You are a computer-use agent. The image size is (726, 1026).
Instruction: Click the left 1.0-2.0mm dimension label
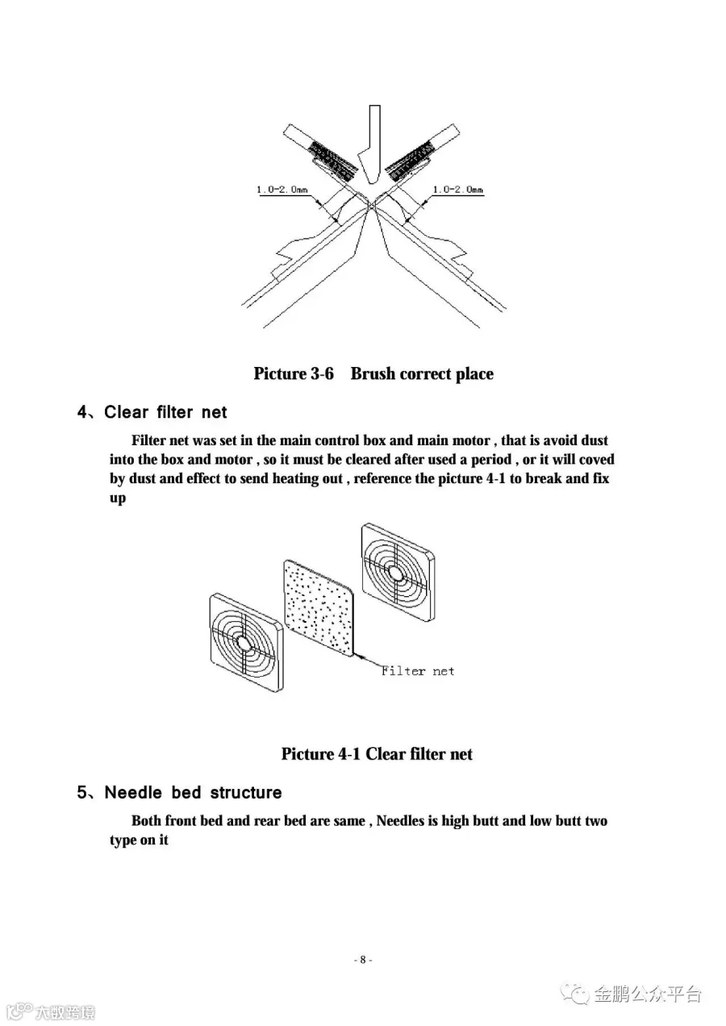(x=282, y=190)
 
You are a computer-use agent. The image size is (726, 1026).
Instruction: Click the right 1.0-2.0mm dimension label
(x=457, y=190)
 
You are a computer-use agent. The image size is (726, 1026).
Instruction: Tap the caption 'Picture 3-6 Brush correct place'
(x=373, y=373)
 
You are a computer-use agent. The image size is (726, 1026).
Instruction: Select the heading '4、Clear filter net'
(x=152, y=412)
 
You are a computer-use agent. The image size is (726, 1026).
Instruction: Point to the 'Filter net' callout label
(x=418, y=670)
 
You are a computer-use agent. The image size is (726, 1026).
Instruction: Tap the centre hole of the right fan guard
(x=395, y=572)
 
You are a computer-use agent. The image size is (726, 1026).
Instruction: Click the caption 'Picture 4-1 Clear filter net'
(x=377, y=754)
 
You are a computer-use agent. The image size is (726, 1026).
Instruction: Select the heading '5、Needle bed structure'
(x=180, y=793)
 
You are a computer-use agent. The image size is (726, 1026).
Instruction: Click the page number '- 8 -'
(x=363, y=960)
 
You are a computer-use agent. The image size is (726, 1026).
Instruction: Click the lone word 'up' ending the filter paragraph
(x=118, y=498)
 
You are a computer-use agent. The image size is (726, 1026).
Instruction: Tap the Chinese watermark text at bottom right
(x=648, y=994)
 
